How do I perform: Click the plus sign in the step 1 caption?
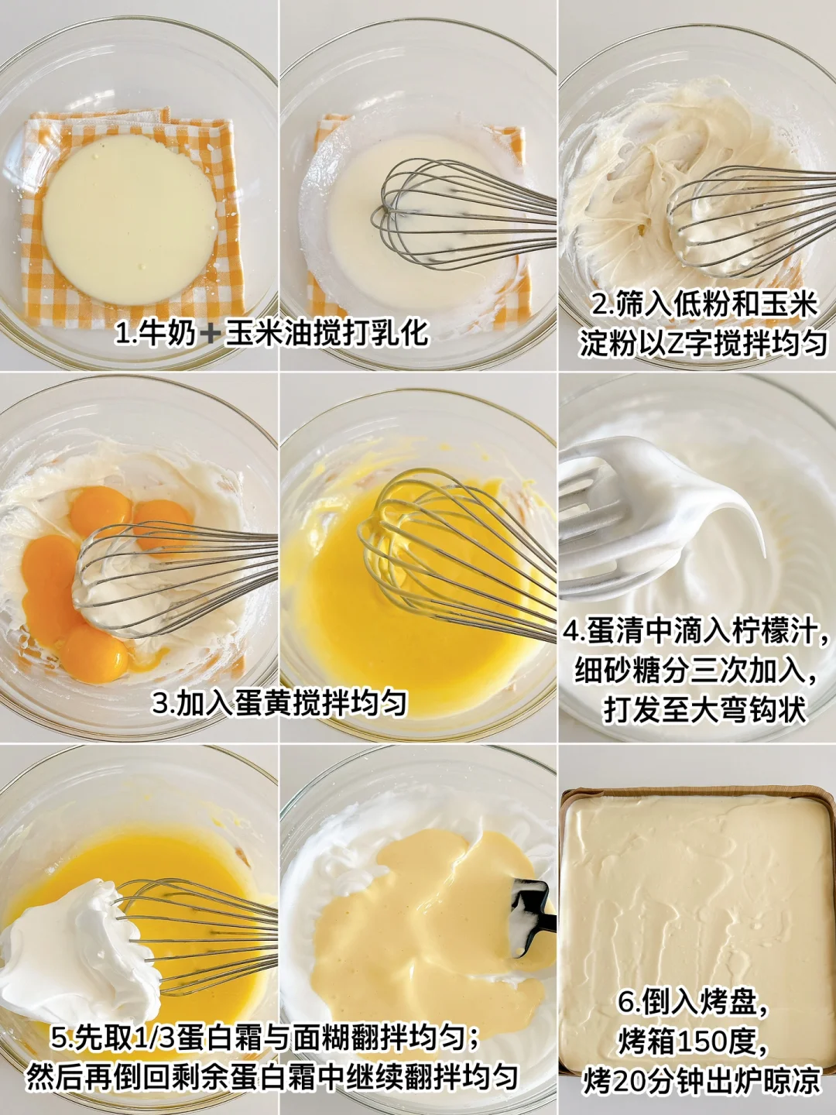pyautogui.click(x=210, y=334)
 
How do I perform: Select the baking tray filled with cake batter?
pyautogui.click(x=697, y=938)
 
